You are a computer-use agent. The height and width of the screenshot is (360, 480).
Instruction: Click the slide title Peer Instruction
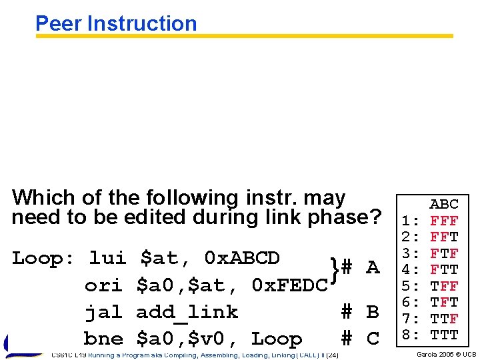pyautogui.click(x=116, y=23)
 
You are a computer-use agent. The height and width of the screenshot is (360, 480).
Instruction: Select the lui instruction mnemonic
pyautogui.click(x=107, y=257)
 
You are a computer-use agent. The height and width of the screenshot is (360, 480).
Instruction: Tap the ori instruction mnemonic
pyautogui.click(x=103, y=285)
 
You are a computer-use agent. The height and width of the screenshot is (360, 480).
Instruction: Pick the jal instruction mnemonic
pyautogui.click(x=103, y=312)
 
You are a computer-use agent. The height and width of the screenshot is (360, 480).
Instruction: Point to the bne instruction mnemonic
pyautogui.click(x=103, y=339)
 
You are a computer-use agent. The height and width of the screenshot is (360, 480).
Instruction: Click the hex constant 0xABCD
pyautogui.click(x=242, y=257)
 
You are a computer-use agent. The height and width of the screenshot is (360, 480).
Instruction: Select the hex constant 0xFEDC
pyautogui.click(x=290, y=285)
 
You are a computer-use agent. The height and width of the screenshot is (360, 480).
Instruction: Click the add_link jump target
pyautogui.click(x=187, y=312)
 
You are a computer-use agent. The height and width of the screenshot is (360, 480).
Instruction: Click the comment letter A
pyautogui.click(x=373, y=268)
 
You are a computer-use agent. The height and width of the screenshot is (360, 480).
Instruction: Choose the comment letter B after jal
pyautogui.click(x=373, y=312)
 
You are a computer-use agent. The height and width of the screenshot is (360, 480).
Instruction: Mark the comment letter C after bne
pyautogui.click(x=373, y=339)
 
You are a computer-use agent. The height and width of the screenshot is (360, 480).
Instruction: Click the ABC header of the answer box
pyautogui.click(x=444, y=204)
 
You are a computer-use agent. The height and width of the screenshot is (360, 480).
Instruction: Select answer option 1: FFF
pyautogui.click(x=429, y=220)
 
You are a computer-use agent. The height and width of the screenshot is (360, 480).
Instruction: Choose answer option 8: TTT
pyautogui.click(x=429, y=335)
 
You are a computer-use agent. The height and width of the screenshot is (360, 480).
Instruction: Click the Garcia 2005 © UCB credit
pyautogui.click(x=446, y=354)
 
